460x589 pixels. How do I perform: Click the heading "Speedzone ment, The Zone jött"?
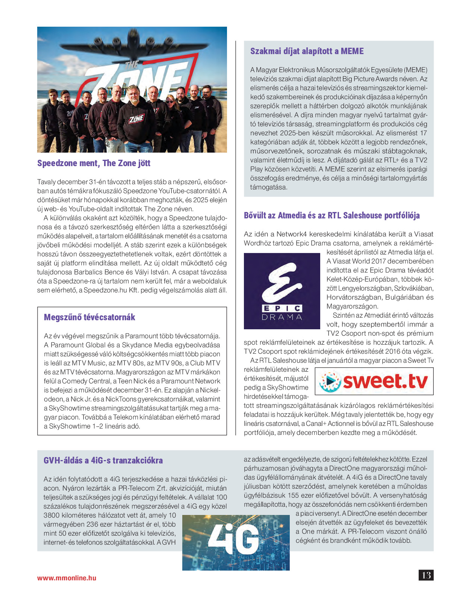coord(94,163)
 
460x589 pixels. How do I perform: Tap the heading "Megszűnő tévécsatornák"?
coord(89,317)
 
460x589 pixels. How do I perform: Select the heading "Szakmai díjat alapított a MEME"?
coord(307,51)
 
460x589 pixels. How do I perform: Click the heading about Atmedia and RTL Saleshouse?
coord(331,215)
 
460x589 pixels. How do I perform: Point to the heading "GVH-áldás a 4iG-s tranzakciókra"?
coord(103,460)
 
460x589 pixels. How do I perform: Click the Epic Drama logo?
coord(282,291)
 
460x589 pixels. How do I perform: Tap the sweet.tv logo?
coord(374,381)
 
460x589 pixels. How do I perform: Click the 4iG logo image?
coord(236,542)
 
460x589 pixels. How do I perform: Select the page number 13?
coord(426,575)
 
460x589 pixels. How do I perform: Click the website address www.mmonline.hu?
coord(67,578)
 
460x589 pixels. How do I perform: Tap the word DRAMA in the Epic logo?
coord(282,317)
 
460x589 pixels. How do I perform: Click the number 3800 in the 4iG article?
coord(52,515)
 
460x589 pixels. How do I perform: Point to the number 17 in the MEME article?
coord(423,133)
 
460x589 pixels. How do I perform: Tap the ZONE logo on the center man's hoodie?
coord(136,119)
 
